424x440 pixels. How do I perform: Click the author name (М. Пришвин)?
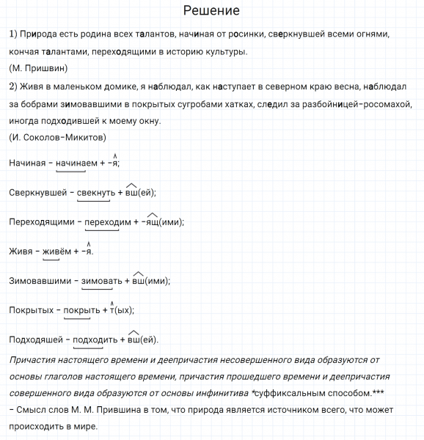pos(39,69)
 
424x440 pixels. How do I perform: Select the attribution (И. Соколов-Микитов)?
pos(58,137)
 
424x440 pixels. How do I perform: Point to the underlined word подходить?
pos(95,340)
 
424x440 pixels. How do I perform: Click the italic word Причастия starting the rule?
pos(35,359)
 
